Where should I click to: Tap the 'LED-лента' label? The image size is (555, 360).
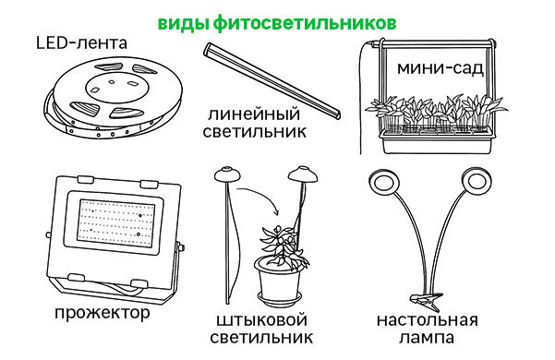click(81, 43)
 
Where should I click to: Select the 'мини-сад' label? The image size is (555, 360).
click(440, 68)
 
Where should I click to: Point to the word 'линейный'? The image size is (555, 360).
click(254, 114)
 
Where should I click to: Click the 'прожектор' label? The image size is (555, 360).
click(103, 313)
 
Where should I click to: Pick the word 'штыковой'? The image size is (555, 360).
click(261, 320)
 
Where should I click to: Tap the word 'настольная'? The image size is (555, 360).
click(428, 320)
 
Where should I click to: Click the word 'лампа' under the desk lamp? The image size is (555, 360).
click(427, 337)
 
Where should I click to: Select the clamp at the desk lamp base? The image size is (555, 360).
click(426, 301)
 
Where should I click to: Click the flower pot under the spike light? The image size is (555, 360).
click(280, 282)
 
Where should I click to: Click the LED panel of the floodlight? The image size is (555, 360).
click(115, 222)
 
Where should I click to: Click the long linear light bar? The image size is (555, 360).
click(271, 81)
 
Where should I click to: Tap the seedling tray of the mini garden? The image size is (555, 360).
click(437, 140)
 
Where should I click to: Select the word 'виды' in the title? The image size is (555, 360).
click(184, 24)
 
